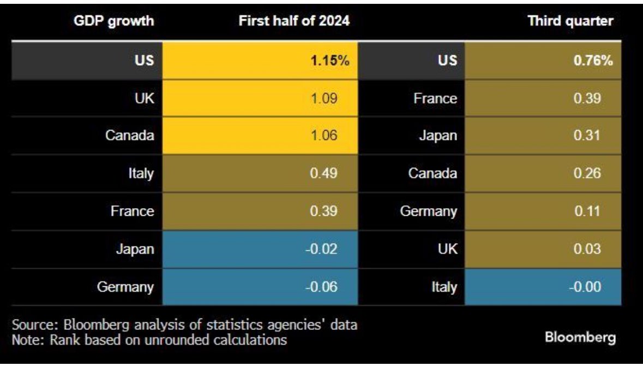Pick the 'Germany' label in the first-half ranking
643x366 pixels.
(125, 286)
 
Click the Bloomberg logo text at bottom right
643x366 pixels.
(581, 337)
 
